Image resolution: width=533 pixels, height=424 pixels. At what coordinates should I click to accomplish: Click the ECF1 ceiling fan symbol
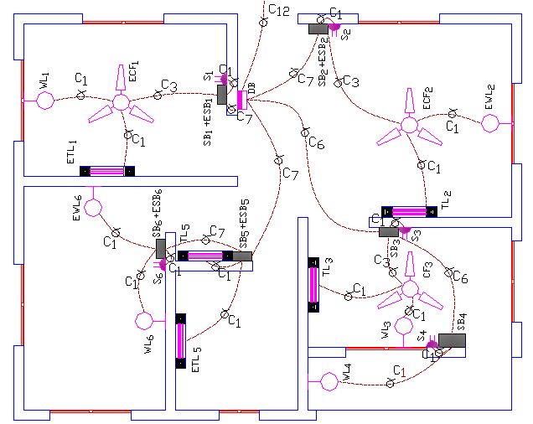point(122,101)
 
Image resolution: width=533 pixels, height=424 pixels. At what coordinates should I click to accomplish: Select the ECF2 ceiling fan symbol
point(409,126)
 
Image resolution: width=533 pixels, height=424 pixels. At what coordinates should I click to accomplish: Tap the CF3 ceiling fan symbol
point(409,289)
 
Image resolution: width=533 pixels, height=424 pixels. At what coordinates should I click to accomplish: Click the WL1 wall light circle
point(44,101)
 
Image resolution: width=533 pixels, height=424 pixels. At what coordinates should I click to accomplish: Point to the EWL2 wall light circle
point(490,124)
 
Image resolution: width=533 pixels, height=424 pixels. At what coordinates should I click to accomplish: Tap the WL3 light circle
point(404,325)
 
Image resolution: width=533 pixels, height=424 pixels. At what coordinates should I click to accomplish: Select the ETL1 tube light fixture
point(107,171)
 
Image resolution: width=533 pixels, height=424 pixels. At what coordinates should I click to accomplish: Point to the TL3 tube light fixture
point(314,284)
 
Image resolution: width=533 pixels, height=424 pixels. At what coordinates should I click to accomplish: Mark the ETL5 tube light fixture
point(180,340)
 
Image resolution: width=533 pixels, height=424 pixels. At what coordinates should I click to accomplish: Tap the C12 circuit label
point(278,11)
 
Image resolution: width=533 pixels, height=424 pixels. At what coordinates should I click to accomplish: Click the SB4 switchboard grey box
point(452,340)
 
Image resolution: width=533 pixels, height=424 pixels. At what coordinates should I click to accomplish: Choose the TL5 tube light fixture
point(205,256)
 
